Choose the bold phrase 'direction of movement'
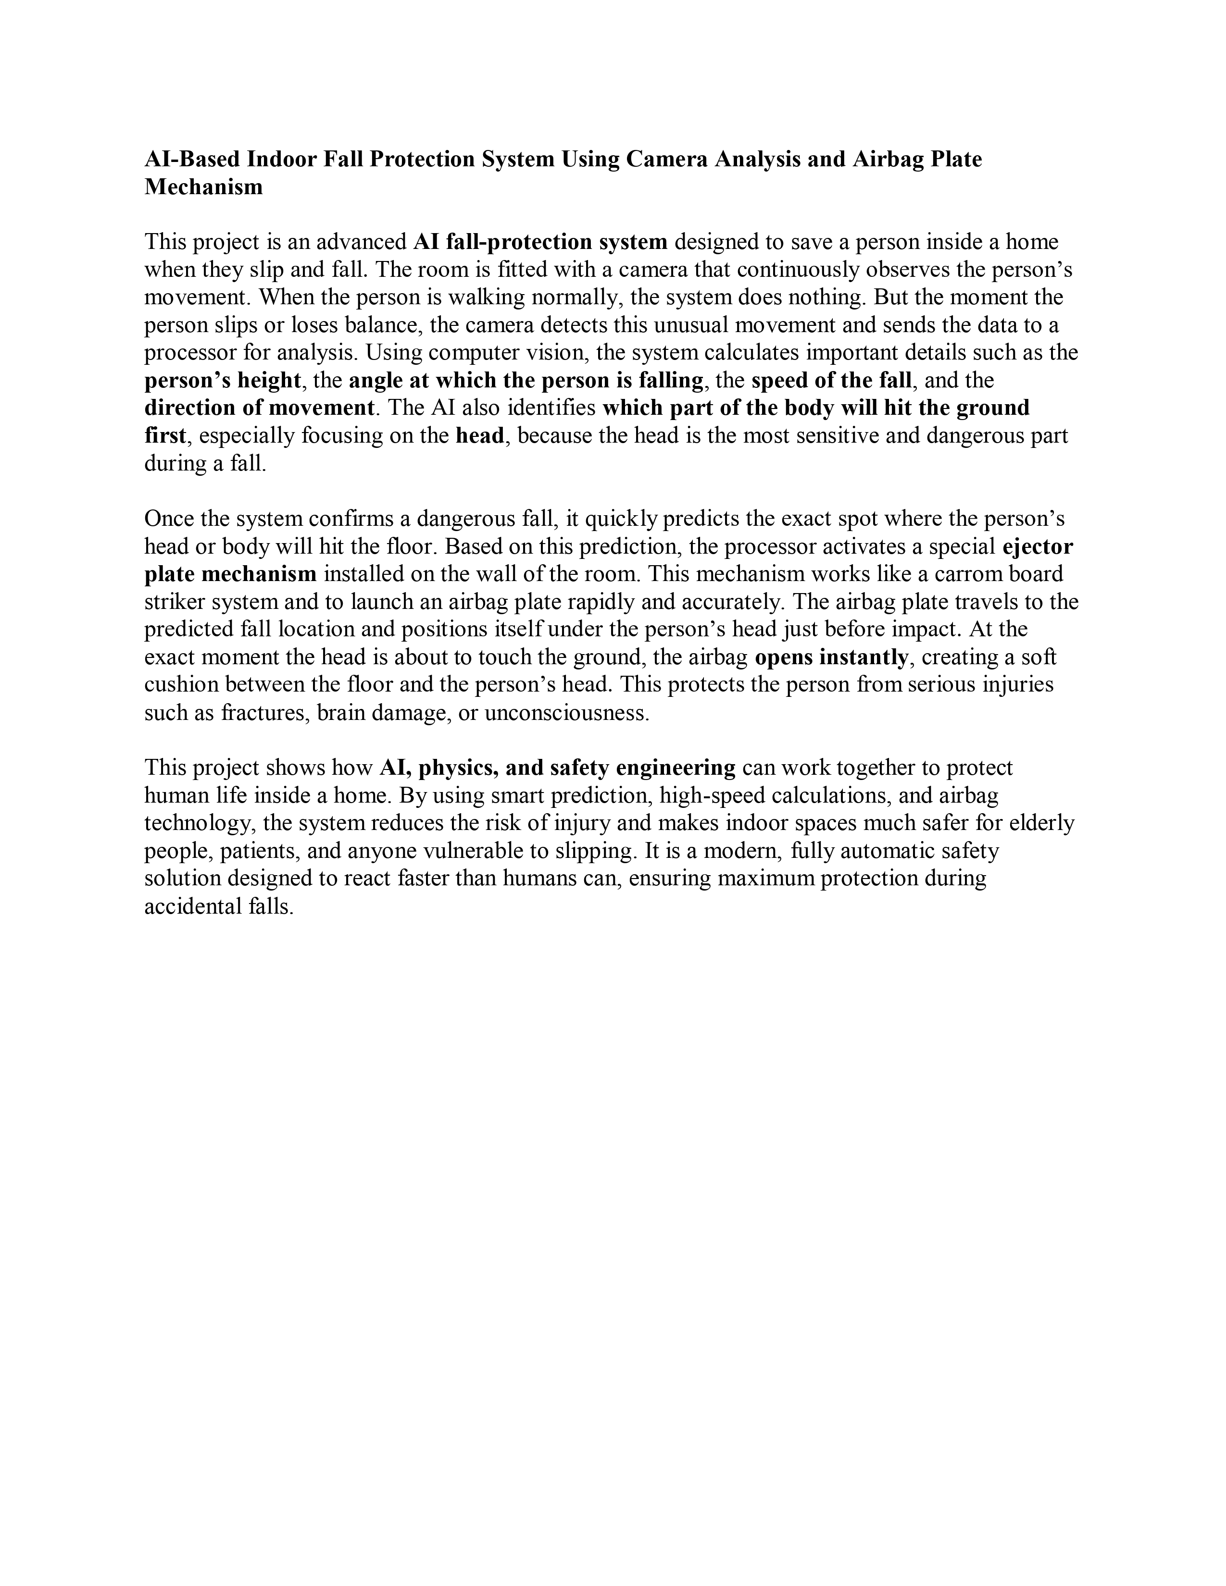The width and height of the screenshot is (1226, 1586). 259,408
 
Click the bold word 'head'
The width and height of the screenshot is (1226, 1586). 479,436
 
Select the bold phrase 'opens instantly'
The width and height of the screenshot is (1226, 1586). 831,657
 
